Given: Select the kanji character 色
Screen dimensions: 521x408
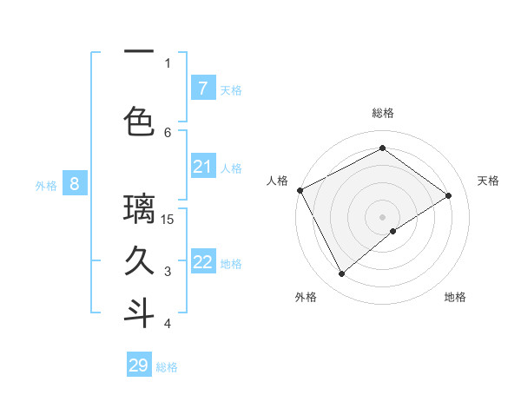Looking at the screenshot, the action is [x=139, y=122].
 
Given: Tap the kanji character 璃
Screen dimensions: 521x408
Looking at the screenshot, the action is [x=139, y=209].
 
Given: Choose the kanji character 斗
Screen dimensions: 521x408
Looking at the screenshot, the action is [x=139, y=313].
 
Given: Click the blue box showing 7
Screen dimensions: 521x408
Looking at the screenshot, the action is [x=202, y=89].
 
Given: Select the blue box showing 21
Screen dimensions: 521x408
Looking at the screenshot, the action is [x=202, y=167].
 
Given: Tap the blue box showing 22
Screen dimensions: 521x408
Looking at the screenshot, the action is [x=202, y=262].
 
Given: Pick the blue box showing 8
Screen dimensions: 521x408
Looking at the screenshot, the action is [x=75, y=184].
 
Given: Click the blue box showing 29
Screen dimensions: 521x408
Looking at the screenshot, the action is [x=139, y=365].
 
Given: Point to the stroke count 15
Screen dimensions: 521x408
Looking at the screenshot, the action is [x=168, y=219].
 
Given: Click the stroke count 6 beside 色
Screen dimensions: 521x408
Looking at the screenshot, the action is [x=168, y=132].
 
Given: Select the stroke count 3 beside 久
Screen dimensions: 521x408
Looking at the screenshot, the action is [x=168, y=272].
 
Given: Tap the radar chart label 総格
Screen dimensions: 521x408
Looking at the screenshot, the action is [x=382, y=113].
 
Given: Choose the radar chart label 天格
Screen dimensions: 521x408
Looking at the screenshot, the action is [x=488, y=181].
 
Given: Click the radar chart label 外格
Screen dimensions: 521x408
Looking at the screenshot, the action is [x=306, y=297].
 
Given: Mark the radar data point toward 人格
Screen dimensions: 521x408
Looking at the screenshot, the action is [x=300, y=190].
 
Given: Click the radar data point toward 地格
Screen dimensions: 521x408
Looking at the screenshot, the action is [x=393, y=231].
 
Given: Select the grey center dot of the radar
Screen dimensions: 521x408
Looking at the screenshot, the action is [x=382, y=216].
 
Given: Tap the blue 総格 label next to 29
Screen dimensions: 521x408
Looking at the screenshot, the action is [x=167, y=367].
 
